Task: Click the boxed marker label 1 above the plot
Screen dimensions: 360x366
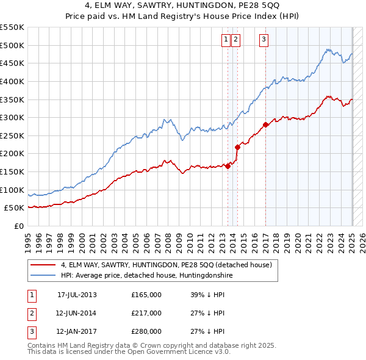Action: (x=226, y=40)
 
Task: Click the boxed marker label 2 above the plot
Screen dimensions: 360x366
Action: (x=235, y=40)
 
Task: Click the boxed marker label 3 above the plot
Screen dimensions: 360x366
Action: (x=264, y=40)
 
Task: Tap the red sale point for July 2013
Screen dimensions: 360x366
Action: (x=228, y=165)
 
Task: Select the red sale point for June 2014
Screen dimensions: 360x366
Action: (x=237, y=147)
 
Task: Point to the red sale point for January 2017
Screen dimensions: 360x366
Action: (x=266, y=124)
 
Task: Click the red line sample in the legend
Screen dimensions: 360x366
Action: (x=43, y=265)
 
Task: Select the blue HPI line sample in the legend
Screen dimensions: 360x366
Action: (x=43, y=276)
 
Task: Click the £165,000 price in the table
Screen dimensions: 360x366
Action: (x=146, y=294)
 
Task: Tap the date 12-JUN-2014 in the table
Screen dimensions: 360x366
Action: (x=76, y=313)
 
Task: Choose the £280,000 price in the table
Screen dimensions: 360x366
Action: (x=146, y=332)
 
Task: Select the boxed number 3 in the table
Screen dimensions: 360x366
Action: (x=31, y=332)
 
